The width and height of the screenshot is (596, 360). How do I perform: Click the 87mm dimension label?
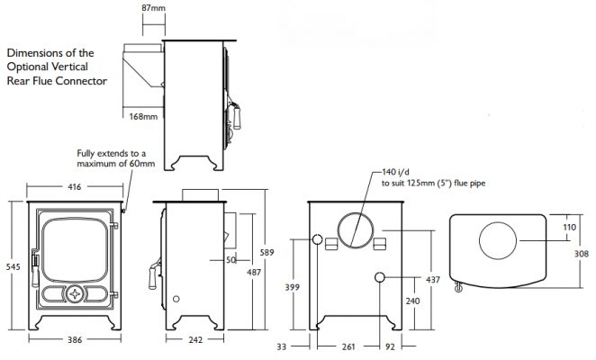pos(154,7)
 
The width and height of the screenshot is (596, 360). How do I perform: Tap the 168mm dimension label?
pos(143,117)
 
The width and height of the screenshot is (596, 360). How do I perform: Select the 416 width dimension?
pos(75,186)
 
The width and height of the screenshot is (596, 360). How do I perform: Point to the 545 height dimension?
pos(13,267)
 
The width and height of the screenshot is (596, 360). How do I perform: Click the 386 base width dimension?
pos(75,339)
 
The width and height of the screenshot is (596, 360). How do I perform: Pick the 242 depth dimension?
pos(195,339)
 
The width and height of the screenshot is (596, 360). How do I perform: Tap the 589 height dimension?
pos(266,252)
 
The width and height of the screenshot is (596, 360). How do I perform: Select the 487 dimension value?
pos(254,272)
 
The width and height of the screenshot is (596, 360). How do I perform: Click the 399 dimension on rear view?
pos(293,287)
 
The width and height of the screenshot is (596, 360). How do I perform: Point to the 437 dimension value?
pos(433,280)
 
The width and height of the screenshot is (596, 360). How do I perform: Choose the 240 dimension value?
pos(413,301)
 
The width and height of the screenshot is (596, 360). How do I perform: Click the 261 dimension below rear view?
pos(348,346)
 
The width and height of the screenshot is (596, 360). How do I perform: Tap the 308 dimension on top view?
pos(582,254)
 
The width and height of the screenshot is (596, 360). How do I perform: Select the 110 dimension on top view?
pos(569,227)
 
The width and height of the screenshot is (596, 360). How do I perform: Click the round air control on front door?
pos(75,294)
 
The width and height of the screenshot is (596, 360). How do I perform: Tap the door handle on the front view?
pos(35,267)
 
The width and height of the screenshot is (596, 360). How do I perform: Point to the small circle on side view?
pos(176,299)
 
